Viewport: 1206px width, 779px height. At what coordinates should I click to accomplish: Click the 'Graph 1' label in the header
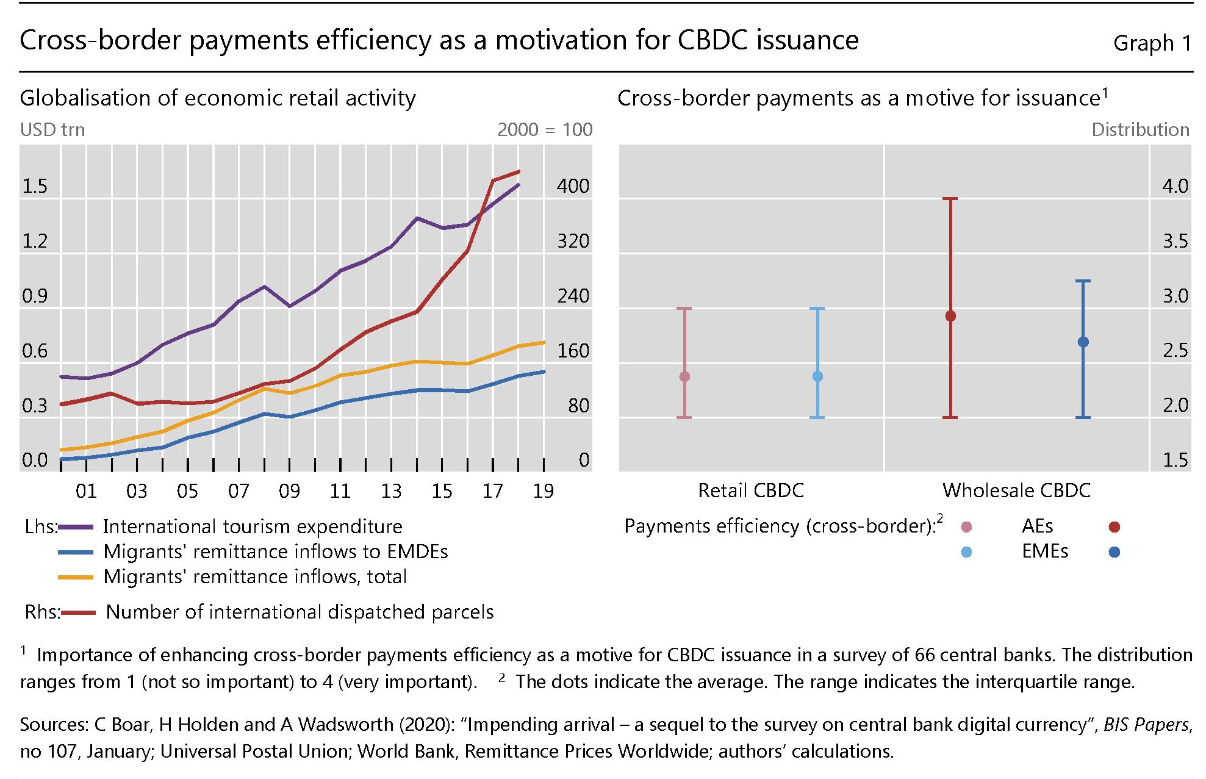point(1152,43)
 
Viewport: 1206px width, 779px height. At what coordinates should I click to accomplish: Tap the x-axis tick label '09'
point(289,491)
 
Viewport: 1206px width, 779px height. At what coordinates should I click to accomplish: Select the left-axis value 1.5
point(35,186)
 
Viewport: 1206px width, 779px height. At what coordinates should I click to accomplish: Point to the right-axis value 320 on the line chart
point(573,241)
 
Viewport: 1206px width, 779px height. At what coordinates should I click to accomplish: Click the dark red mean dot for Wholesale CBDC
point(950,316)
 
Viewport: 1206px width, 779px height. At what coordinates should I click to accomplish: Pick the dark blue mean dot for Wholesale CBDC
point(1083,342)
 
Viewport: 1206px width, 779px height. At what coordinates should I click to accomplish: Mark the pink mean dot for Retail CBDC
point(684,376)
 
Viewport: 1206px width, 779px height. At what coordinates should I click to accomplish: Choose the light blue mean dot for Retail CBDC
point(817,376)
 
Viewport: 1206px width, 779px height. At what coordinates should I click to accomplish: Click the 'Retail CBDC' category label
point(751,490)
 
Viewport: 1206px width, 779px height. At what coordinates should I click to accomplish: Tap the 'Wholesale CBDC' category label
point(1016,490)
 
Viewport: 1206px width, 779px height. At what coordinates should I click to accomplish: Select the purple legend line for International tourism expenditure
point(76,527)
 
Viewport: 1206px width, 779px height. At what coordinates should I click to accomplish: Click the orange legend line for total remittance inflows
point(76,577)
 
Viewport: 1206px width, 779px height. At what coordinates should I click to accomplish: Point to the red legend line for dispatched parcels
point(77,612)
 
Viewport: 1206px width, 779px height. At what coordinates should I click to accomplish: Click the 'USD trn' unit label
point(52,130)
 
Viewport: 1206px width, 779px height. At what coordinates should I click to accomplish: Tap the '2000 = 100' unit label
point(545,130)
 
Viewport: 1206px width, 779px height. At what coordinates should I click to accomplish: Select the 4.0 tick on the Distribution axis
point(1175,186)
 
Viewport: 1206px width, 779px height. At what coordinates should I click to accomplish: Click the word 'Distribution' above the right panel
point(1140,130)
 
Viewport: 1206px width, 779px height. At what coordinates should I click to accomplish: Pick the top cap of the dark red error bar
point(950,199)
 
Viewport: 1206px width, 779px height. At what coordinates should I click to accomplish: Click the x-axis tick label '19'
point(544,491)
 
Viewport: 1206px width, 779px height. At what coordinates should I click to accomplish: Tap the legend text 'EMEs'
point(1045,551)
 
